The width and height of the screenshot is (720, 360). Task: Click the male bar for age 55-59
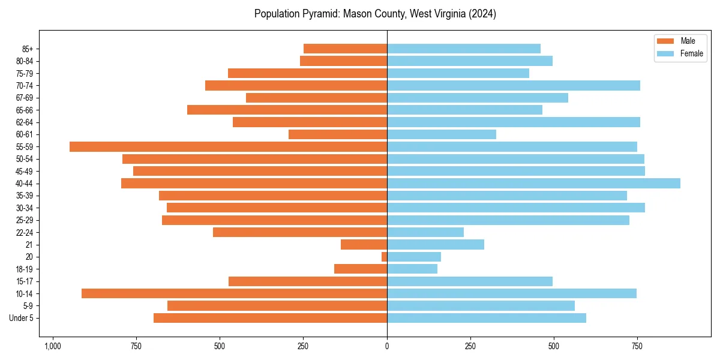228,146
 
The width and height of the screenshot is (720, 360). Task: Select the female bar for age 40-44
533,183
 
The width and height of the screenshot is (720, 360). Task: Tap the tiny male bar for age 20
384,257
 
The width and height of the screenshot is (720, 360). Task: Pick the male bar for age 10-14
234,293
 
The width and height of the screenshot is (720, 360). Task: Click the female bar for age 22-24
425,232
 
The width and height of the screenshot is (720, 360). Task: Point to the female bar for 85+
464,49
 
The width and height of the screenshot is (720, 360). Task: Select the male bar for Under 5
270,318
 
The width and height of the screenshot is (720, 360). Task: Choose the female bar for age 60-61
442,134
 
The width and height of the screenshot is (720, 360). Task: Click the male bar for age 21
364,244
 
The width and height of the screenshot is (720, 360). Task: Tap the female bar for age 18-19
412,269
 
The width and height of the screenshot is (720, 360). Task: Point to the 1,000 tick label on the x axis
53,346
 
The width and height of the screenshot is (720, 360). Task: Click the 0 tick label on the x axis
387,346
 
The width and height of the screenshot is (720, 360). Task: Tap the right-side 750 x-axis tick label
637,346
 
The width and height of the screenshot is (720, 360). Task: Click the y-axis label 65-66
25,110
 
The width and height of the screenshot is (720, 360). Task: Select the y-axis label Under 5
21,318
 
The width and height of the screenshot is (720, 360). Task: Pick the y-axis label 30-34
25,208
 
